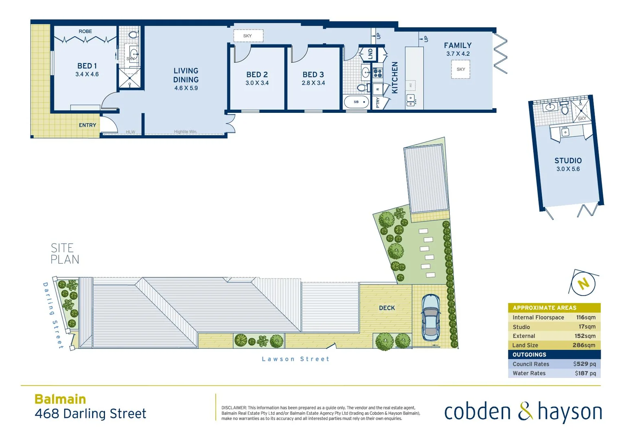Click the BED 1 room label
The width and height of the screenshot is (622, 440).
click(x=87, y=66)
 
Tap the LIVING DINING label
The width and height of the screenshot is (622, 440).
click(x=186, y=75)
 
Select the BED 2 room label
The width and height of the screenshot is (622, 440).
click(x=257, y=75)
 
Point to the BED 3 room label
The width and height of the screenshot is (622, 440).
click(x=313, y=75)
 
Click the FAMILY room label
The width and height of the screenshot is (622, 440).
click(x=458, y=46)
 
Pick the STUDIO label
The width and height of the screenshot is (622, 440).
click(x=568, y=161)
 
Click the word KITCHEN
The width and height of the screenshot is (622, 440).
click(x=394, y=78)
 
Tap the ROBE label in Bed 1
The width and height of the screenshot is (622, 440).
click(x=85, y=31)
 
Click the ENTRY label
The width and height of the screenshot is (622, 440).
click(x=88, y=125)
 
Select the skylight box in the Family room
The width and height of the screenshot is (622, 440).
click(x=461, y=69)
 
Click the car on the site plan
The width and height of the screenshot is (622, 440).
click(x=430, y=317)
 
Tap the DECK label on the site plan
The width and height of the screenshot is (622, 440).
click(x=387, y=308)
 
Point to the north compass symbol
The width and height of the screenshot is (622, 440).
click(x=583, y=284)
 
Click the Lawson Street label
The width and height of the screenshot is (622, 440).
click(x=296, y=359)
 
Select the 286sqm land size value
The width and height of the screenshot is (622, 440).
click(x=584, y=345)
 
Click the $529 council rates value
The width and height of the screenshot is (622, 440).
click(x=584, y=364)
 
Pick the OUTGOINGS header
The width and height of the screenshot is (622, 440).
click(x=529, y=354)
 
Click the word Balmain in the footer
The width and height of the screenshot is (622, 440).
click(x=60, y=399)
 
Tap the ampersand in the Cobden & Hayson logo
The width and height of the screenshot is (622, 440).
click(x=525, y=411)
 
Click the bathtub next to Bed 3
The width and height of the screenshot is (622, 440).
click(x=356, y=102)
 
